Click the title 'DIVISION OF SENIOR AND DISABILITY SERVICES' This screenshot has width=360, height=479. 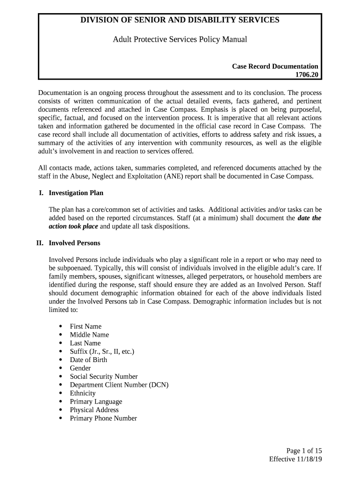pyautogui.click(x=180, y=20)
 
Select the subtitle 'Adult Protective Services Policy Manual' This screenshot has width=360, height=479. pyautogui.click(x=180, y=39)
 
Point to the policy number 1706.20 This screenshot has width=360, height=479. pyautogui.click(x=306, y=75)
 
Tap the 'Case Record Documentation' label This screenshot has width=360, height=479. pyautogui.click(x=275, y=66)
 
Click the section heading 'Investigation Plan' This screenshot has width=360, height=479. pyautogui.click(x=76, y=193)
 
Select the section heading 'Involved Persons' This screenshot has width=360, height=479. pyautogui.click(x=74, y=243)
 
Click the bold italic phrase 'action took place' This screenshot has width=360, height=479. pyautogui.click(x=73, y=226)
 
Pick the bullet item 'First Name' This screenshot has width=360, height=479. pyautogui.click(x=86, y=327)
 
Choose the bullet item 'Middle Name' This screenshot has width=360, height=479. pyautogui.click(x=89, y=335)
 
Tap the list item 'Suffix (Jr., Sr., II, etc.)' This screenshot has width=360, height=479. pyautogui.click(x=102, y=351)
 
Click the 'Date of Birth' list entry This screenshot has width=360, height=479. pyautogui.click(x=88, y=360)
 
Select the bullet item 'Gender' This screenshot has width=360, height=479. pyautogui.click(x=80, y=368)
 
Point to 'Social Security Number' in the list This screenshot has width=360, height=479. pyautogui.click(x=104, y=377)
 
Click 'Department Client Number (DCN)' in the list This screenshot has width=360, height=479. pyautogui.click(x=119, y=385)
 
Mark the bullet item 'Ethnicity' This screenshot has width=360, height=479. pyautogui.click(x=83, y=393)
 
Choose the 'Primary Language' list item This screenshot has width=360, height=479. pyautogui.click(x=96, y=402)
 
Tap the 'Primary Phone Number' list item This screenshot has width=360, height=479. pyautogui.click(x=103, y=418)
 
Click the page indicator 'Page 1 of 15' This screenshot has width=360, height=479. pyautogui.click(x=304, y=451)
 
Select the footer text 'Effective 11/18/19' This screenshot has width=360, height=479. pyautogui.click(x=295, y=459)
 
